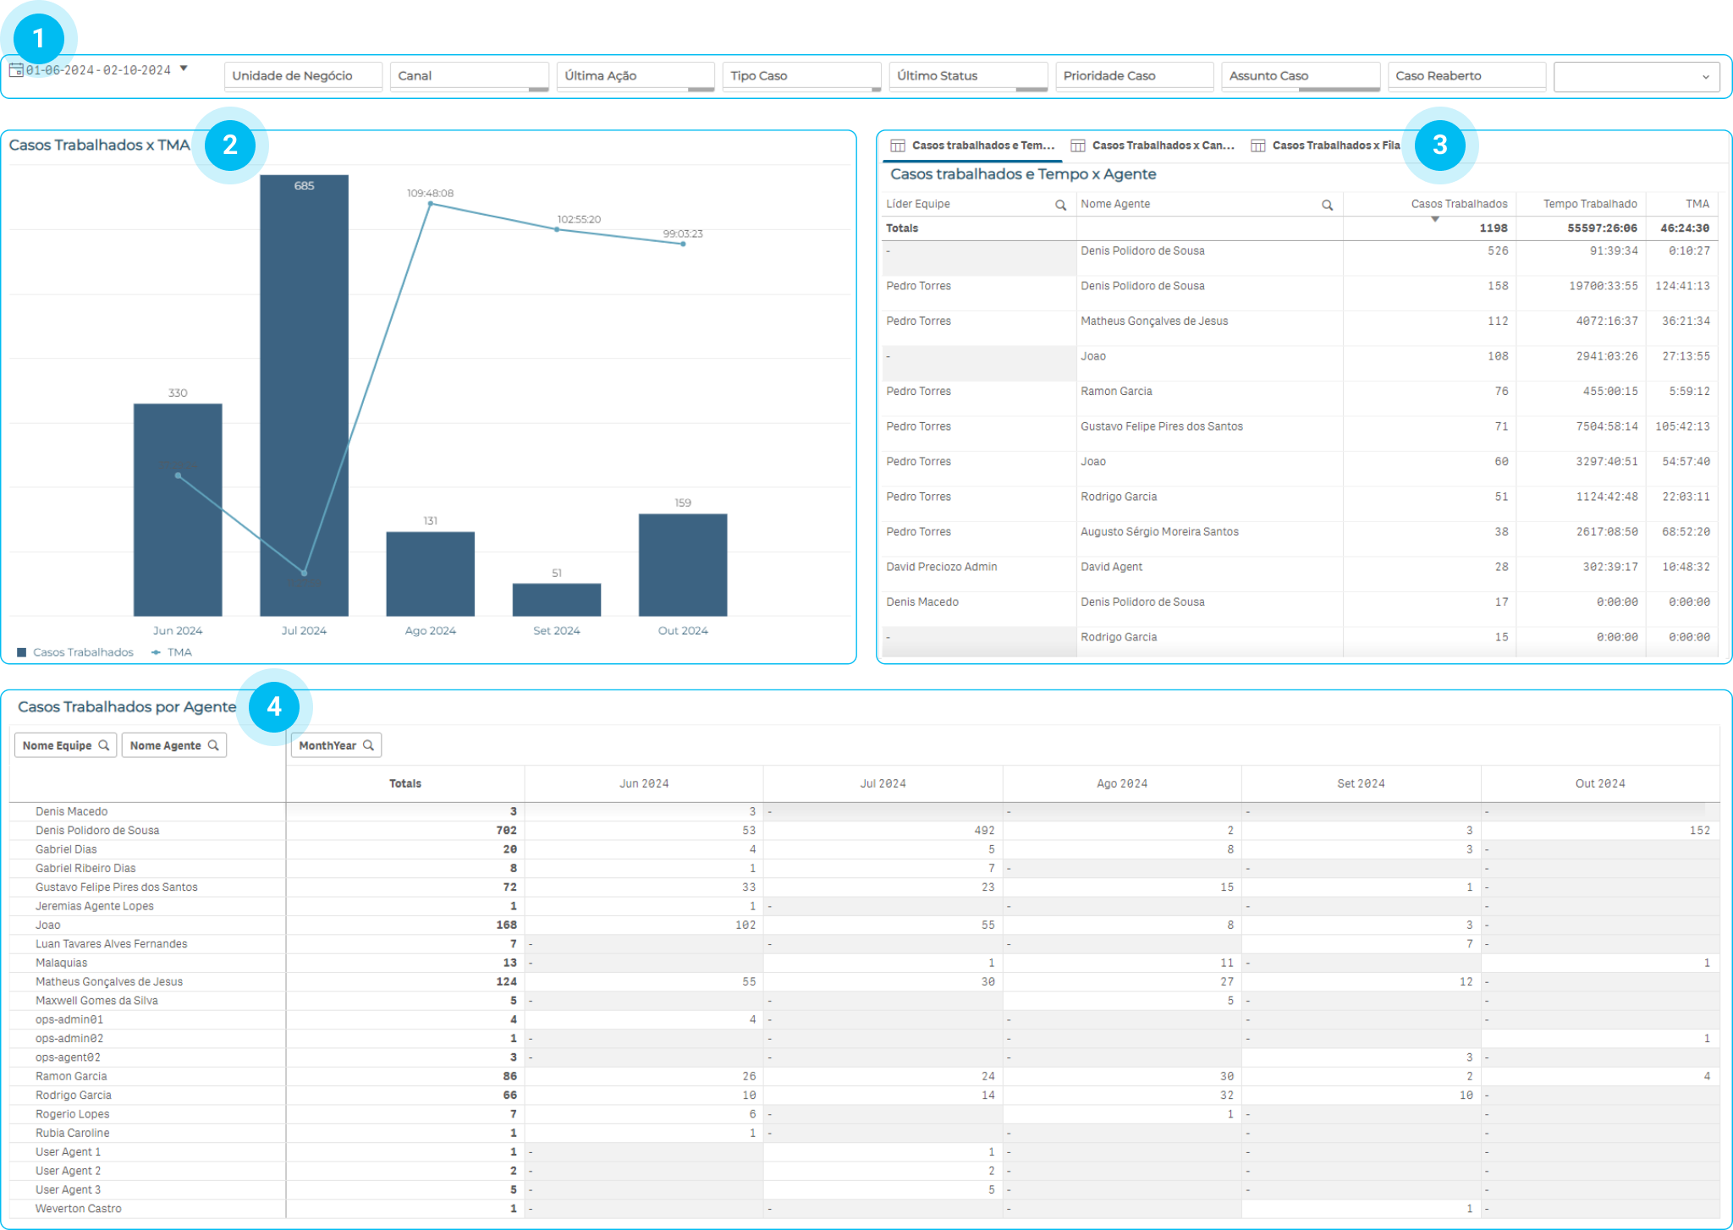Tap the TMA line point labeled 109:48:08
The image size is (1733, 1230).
click(x=431, y=204)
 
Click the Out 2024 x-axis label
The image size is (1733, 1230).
click(x=683, y=630)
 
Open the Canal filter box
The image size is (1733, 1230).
click(x=469, y=76)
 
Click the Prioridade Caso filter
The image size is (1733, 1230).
click(x=1134, y=76)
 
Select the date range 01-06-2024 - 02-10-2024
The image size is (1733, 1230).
click(x=98, y=70)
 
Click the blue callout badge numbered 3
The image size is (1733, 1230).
click(x=1439, y=145)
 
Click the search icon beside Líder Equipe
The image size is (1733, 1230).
click(x=1060, y=205)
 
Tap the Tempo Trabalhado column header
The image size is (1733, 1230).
click(x=1589, y=204)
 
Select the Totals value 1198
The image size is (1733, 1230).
click(x=1493, y=228)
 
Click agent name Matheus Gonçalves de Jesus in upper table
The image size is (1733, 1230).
click(x=1153, y=321)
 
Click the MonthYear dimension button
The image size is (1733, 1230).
click(x=336, y=745)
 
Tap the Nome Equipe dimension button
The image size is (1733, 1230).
click(x=65, y=745)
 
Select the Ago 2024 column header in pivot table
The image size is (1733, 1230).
click(x=1121, y=783)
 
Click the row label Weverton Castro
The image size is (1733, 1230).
click(x=79, y=1209)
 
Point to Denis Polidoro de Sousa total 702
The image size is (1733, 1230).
click(x=506, y=831)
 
